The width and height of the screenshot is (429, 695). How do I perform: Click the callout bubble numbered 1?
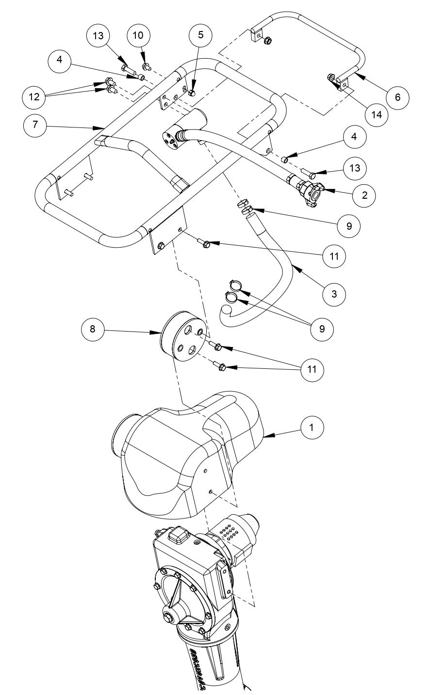tap(312, 428)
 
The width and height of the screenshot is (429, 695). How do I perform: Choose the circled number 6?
tap(397, 97)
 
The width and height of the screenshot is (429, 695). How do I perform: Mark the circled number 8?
tap(93, 329)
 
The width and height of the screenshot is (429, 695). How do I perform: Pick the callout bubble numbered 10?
tap(139, 35)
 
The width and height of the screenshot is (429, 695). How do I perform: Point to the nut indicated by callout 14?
tap(330, 77)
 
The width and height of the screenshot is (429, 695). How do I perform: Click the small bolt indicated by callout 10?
tap(145, 66)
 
